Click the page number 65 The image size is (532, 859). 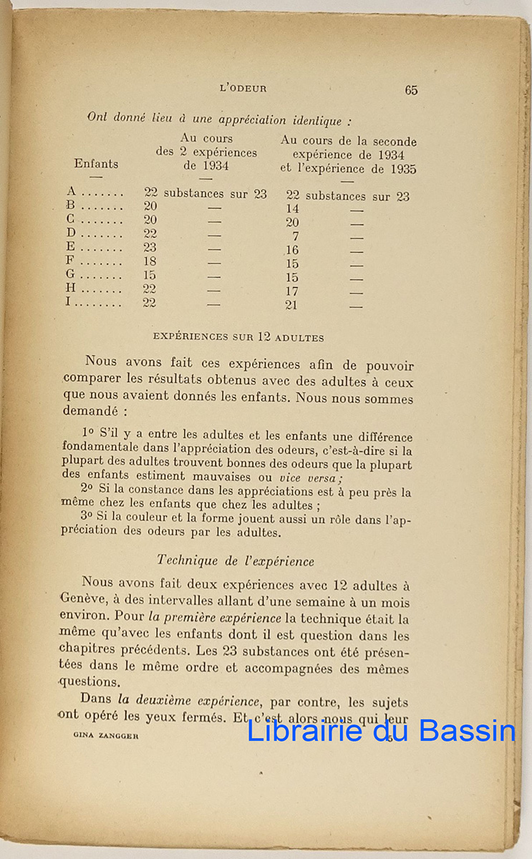tap(411, 90)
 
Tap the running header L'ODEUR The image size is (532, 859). tap(243, 89)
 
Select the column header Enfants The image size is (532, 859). tap(96, 164)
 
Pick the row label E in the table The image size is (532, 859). tap(70, 248)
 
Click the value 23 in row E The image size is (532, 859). tap(150, 248)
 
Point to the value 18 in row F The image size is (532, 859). tap(150, 261)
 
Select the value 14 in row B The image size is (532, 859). tap(292, 209)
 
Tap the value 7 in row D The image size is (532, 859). tap(295, 236)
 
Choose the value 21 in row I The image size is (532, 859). tap(292, 305)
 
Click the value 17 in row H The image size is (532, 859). tap(292, 291)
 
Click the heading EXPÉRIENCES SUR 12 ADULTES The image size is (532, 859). tap(239, 338)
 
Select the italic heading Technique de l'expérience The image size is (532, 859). tap(235, 561)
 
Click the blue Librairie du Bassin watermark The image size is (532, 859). tap(381, 730)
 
